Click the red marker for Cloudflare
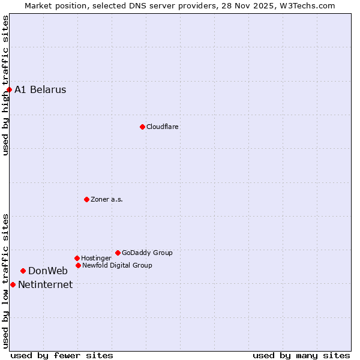point(142,127)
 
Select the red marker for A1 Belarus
point(9,90)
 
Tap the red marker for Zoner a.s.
point(86,199)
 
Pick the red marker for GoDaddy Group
point(118,253)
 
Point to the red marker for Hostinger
point(77,258)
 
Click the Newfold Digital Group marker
point(78,265)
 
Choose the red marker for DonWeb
point(23,271)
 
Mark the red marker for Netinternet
point(13,284)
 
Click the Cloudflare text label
point(163,127)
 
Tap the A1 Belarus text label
point(40,90)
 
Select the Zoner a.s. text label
point(107,199)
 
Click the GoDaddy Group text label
point(147,253)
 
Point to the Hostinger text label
point(96,258)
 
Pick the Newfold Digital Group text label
point(117,265)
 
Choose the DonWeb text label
point(48,271)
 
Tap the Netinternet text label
point(45,284)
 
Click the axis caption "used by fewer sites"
point(62,355)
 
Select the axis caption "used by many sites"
point(301,355)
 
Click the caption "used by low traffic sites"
point(6,281)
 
